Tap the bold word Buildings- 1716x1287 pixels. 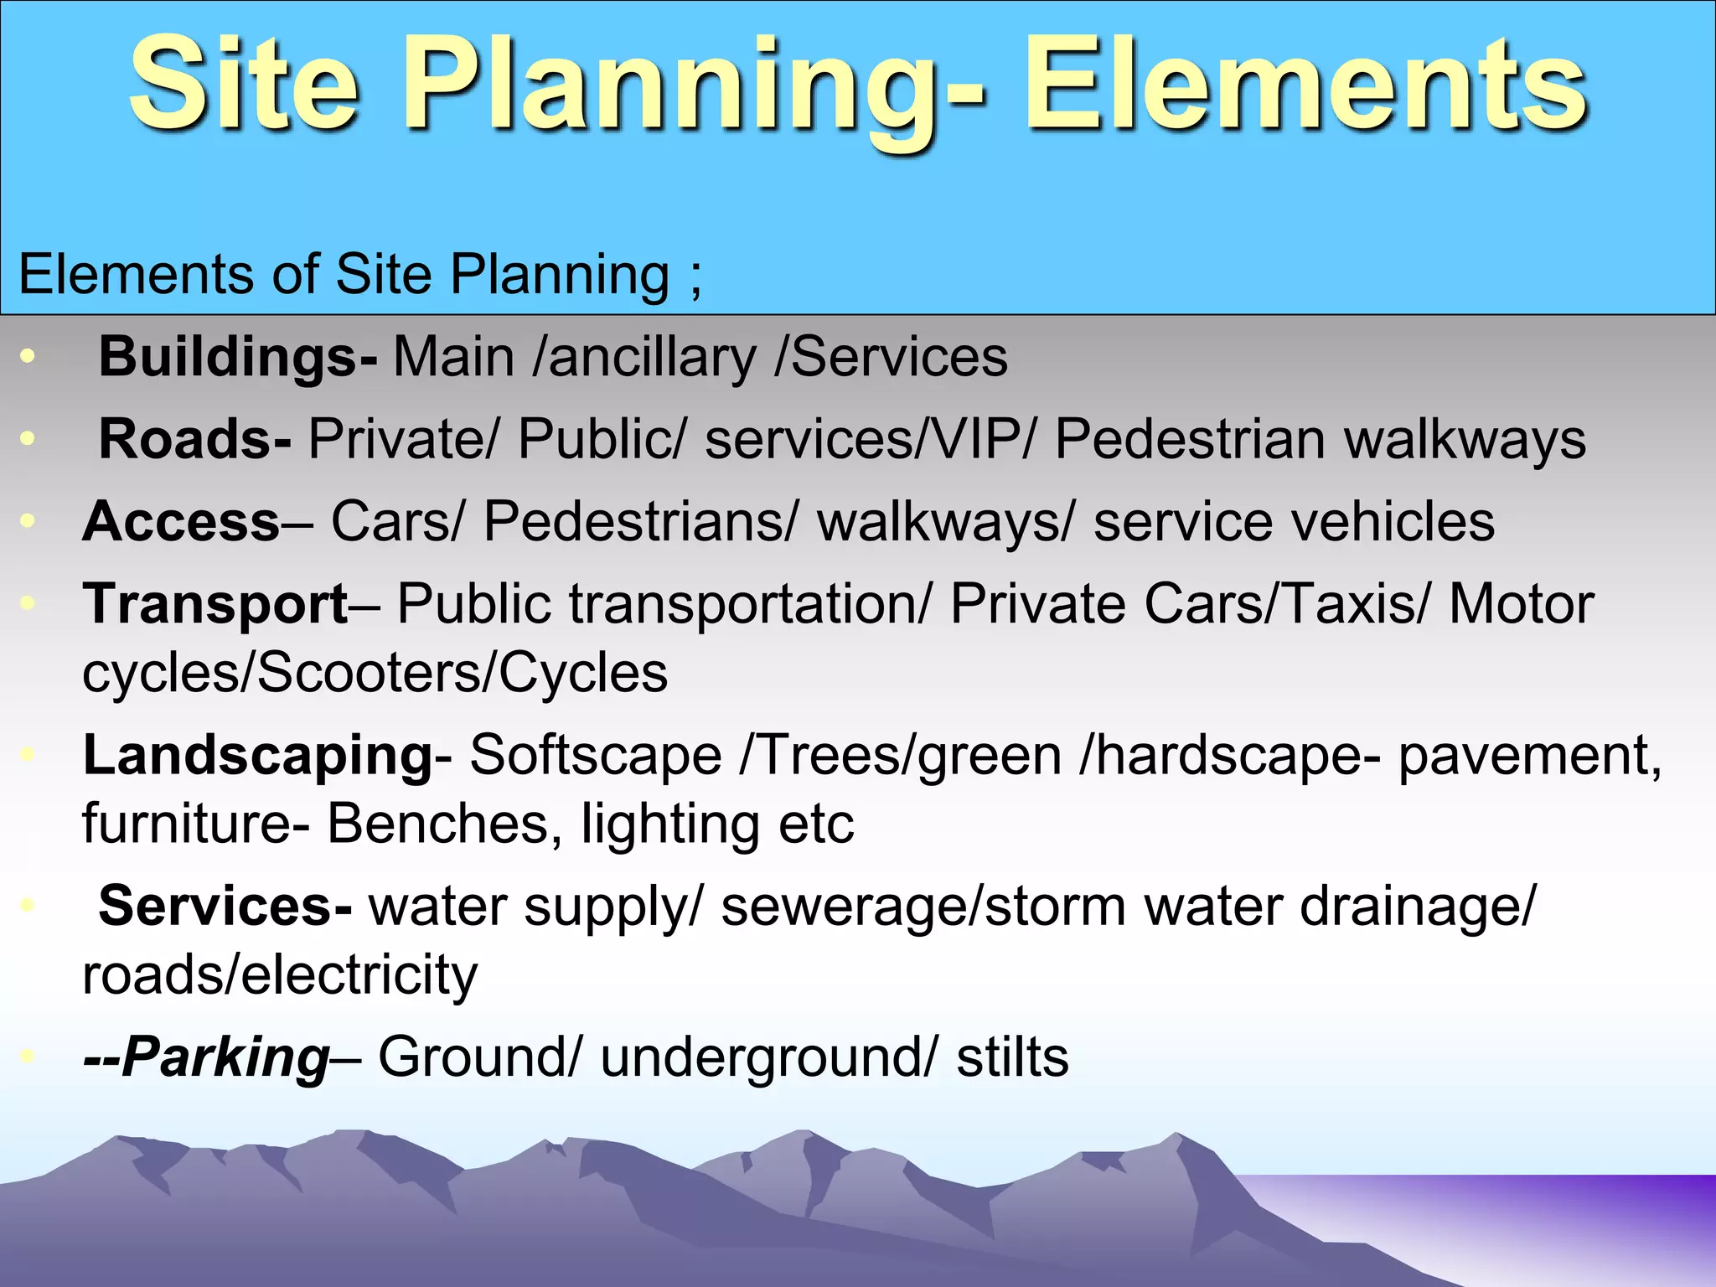tap(238, 358)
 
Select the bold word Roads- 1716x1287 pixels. tap(195, 439)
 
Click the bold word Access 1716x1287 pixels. tap(181, 521)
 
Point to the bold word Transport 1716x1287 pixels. tap(215, 604)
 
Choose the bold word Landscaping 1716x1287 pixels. tap(257, 756)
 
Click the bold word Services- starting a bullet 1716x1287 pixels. tap(225, 907)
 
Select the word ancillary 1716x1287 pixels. tap(653, 358)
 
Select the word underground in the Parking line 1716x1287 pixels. tap(762, 1057)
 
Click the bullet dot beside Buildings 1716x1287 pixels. tap(28, 357)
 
